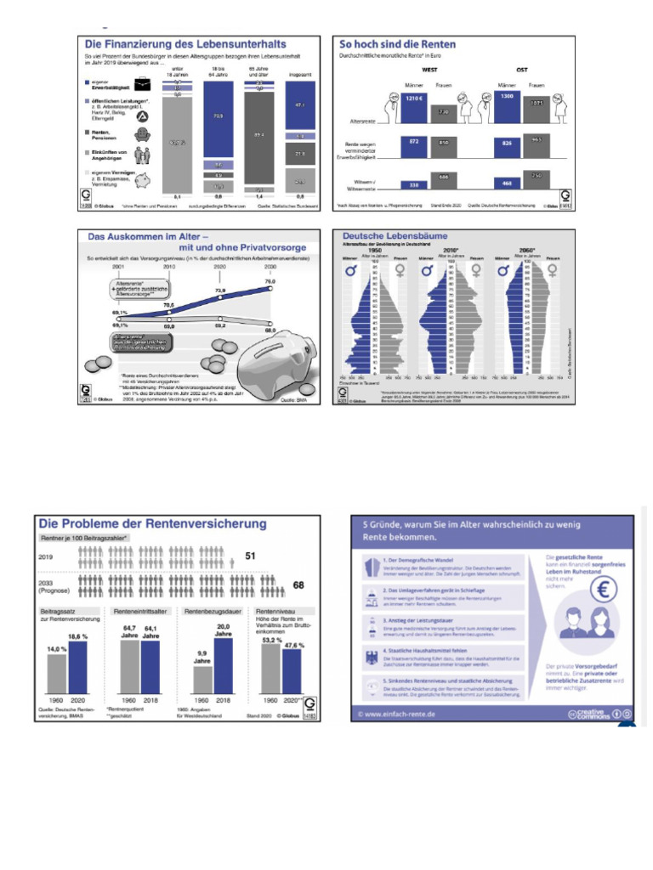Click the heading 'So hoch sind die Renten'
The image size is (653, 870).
[396, 43]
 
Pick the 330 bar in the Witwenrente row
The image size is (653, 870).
[415, 184]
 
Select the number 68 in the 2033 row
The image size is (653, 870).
[298, 585]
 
